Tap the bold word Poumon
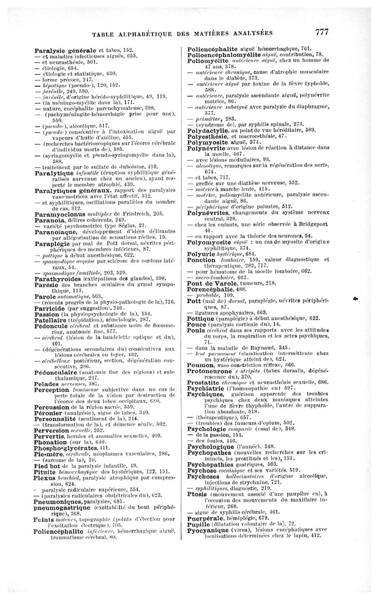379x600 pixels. click(199, 364)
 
